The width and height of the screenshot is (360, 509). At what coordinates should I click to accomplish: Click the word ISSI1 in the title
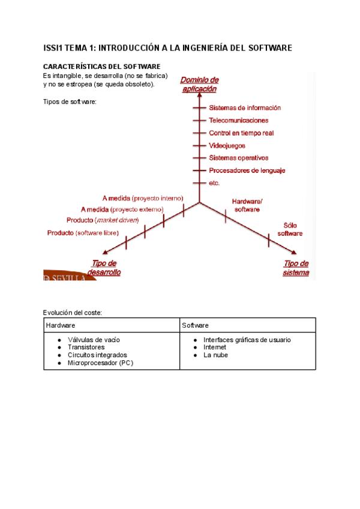[x=53, y=47]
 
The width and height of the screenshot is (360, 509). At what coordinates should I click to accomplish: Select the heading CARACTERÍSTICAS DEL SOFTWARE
[x=101, y=66]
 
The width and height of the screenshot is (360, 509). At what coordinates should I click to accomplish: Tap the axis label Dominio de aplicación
[x=199, y=84]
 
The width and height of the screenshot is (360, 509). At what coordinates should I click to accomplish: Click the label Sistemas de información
[x=244, y=108]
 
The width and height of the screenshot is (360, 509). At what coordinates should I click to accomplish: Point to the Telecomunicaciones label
[x=238, y=121]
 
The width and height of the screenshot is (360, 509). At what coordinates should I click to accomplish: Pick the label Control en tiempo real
[x=241, y=133]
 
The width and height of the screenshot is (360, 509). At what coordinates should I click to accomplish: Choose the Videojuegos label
[x=227, y=146]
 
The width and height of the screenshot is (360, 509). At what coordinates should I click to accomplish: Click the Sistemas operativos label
[x=238, y=158]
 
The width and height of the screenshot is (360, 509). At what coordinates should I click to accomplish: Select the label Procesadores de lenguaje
[x=247, y=170]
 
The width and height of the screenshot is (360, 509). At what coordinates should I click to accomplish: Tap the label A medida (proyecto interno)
[x=143, y=198]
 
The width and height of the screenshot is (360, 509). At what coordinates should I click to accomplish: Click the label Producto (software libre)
[x=83, y=233]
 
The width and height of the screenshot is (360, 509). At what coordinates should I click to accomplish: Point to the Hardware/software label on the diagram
[x=247, y=205]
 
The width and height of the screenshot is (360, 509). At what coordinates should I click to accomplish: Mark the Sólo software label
[x=290, y=229]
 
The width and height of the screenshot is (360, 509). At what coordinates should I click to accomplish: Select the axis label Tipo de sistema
[x=296, y=268]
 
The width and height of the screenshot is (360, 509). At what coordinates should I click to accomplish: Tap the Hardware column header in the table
[x=61, y=325]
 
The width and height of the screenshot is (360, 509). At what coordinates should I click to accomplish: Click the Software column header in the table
[x=195, y=325]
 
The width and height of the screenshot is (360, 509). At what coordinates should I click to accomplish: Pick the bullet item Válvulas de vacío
[x=94, y=340]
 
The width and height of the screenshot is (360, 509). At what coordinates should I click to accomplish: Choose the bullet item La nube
[x=215, y=355]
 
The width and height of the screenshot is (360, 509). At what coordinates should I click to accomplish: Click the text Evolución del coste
[x=73, y=312]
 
